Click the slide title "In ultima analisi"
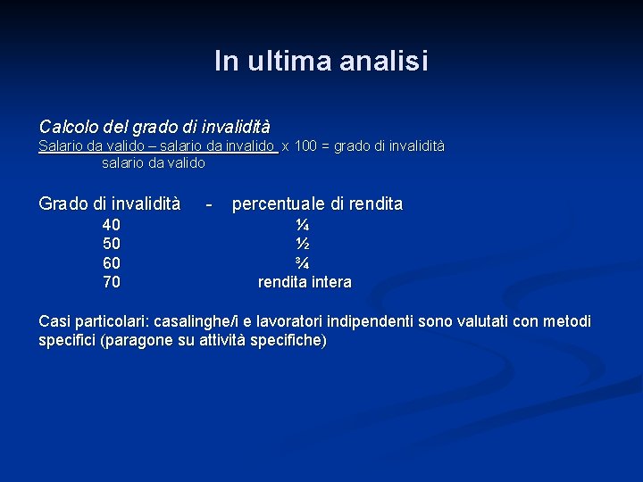coord(321,61)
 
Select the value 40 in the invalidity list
coord(112,224)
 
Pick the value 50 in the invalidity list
coord(112,244)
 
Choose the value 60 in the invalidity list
coord(112,263)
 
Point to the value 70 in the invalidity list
coord(112,283)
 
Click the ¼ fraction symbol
coord(304,224)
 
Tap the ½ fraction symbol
coord(304,244)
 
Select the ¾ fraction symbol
coord(304,263)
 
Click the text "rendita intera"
coord(305,283)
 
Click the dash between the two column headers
coord(208,204)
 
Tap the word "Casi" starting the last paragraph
coord(55,321)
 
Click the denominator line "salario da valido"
coord(154,163)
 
